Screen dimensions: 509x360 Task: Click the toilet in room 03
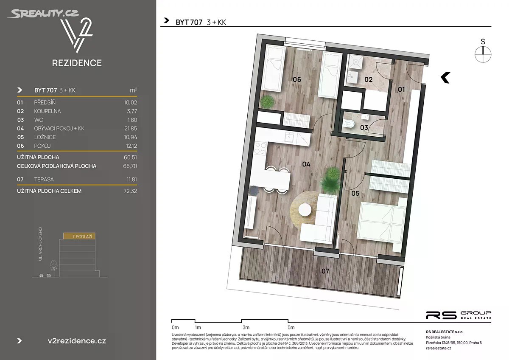[x=349, y=124]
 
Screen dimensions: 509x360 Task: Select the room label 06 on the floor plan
[x=297, y=79]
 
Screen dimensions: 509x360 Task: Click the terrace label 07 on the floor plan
[x=325, y=271]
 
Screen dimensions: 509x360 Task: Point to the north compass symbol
[x=483, y=51]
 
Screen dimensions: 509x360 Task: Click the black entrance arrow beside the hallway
[x=445, y=78]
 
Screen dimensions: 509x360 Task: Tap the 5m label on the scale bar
[x=291, y=327]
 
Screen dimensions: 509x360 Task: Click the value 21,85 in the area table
[x=131, y=129]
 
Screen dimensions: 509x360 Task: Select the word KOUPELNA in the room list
[x=47, y=111]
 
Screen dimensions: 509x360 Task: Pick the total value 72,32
[x=131, y=191]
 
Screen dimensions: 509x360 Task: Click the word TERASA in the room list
[x=44, y=180]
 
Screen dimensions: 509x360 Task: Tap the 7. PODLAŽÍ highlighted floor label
[x=82, y=236]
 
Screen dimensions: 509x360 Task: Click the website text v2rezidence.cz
[x=77, y=341]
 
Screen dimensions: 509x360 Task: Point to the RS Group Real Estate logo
[x=459, y=315]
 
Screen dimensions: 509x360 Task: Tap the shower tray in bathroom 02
[x=355, y=62]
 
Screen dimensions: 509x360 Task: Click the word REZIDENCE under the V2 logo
[x=77, y=63]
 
